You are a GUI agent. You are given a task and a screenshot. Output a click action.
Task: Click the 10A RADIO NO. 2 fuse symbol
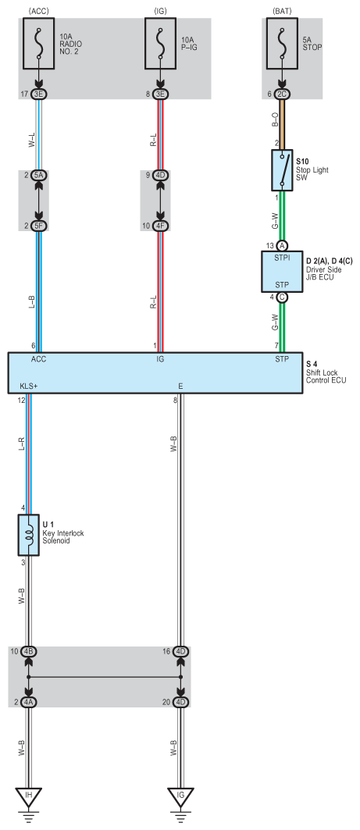[x=38, y=44]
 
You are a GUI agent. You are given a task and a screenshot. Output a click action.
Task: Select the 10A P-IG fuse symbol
[x=160, y=44]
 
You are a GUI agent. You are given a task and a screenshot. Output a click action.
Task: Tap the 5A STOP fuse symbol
[x=282, y=44]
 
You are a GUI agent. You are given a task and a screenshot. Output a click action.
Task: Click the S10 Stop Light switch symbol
[x=282, y=170]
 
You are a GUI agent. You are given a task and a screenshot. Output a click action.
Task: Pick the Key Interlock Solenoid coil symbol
[x=29, y=535]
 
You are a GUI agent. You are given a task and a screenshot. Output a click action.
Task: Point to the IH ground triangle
[x=29, y=796]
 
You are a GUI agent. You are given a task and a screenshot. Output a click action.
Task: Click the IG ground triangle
[x=181, y=796]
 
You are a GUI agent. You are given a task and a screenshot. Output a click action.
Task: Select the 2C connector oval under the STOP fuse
[x=282, y=94]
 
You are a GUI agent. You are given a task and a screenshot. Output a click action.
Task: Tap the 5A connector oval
[x=38, y=175]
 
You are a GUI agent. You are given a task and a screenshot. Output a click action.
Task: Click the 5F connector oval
[x=38, y=226]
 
